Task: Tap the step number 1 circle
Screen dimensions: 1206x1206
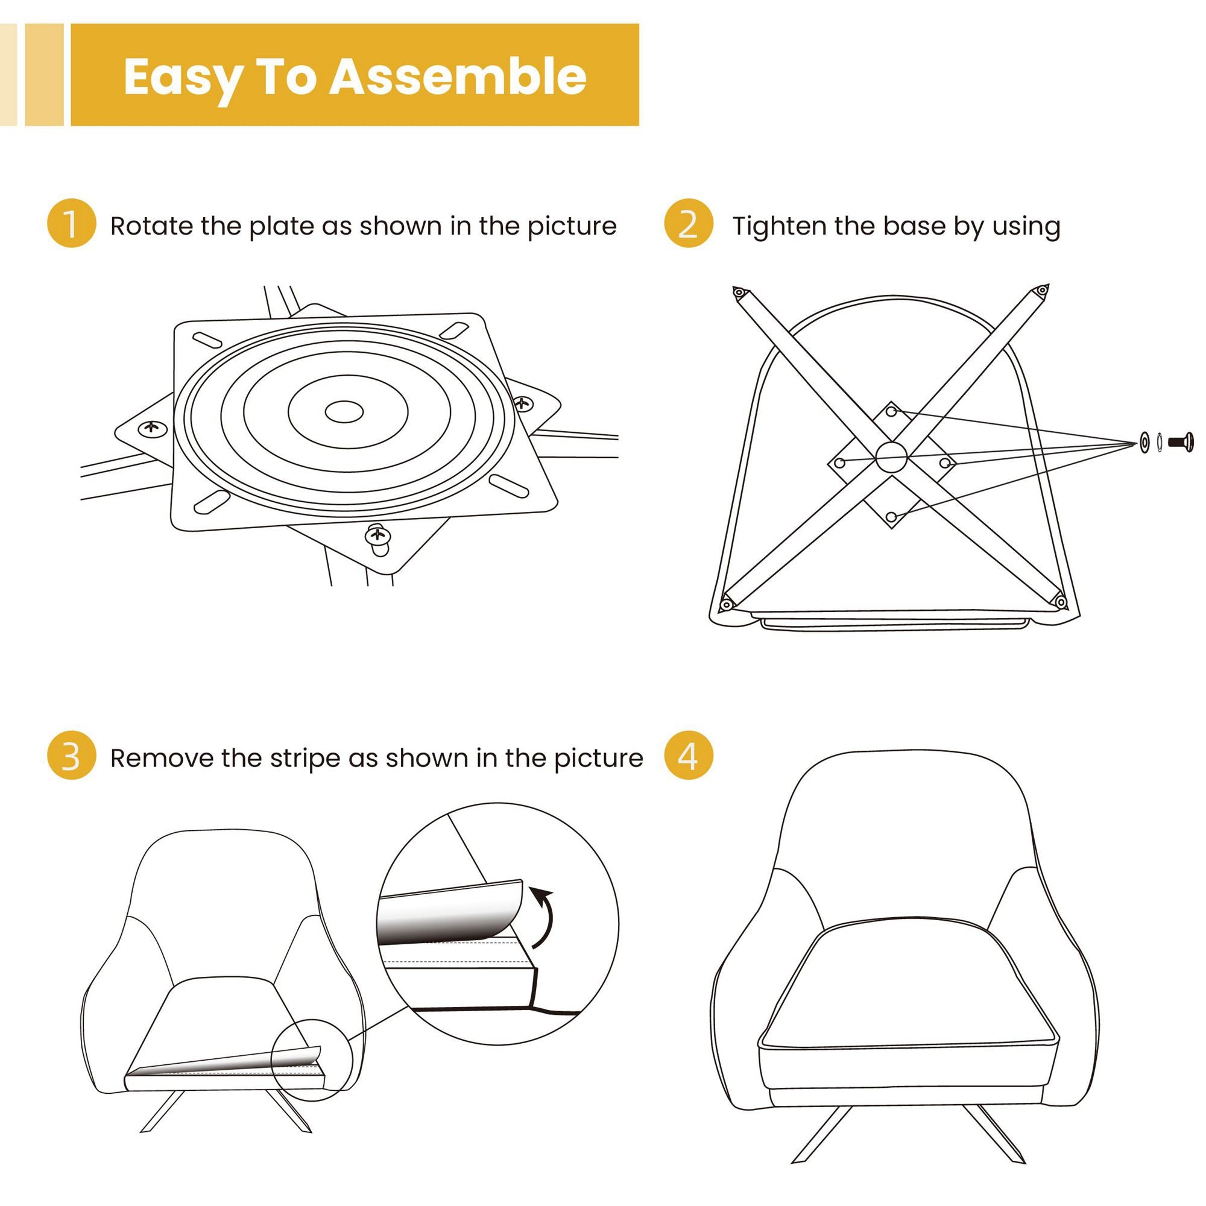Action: pyautogui.click(x=71, y=224)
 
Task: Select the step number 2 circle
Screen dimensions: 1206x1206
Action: pyautogui.click(x=688, y=224)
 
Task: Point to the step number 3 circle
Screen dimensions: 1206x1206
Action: pyautogui.click(x=71, y=756)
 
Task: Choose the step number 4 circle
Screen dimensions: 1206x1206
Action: pyautogui.click(x=688, y=756)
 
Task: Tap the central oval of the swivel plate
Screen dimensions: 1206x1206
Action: pyautogui.click(x=344, y=412)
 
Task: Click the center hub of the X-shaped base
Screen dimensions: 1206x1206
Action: pyautogui.click(x=891, y=458)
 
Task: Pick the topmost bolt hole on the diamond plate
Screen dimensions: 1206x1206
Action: pyautogui.click(x=891, y=411)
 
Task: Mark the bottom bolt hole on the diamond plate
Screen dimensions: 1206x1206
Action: pyautogui.click(x=891, y=517)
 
